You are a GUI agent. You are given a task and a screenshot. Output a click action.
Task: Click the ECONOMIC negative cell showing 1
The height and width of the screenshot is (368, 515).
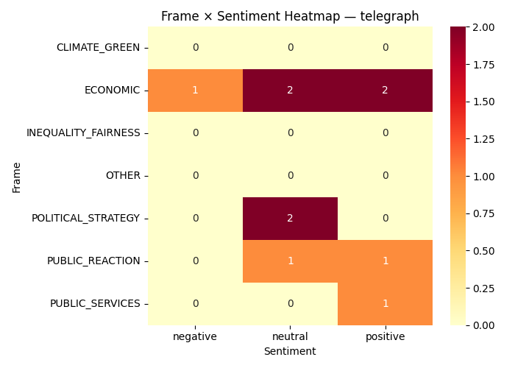click(x=195, y=91)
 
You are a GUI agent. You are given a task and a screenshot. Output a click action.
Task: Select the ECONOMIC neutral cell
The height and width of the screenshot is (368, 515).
click(x=290, y=91)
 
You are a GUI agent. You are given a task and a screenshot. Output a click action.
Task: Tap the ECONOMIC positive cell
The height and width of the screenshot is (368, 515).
click(x=385, y=91)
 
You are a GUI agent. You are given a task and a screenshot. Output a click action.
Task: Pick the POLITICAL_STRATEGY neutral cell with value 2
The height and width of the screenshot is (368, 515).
click(x=290, y=219)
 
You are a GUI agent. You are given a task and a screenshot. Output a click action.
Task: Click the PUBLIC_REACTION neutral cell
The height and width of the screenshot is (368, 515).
click(x=290, y=261)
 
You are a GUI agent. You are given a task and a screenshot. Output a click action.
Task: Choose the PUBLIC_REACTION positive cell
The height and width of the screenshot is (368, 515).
click(x=385, y=261)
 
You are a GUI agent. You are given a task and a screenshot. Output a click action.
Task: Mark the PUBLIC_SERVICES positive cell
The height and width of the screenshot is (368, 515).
click(x=385, y=304)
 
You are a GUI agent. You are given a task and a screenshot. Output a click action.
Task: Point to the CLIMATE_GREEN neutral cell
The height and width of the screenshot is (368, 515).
click(x=290, y=48)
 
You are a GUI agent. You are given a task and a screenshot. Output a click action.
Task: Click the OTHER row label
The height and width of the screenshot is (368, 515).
click(x=122, y=176)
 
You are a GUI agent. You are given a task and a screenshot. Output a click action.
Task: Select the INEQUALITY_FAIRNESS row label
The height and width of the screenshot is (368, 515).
click(x=83, y=133)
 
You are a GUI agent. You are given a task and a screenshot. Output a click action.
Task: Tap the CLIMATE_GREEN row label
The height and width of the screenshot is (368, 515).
click(x=98, y=48)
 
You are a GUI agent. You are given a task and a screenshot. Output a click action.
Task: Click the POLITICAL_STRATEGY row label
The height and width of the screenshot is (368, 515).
click(x=85, y=219)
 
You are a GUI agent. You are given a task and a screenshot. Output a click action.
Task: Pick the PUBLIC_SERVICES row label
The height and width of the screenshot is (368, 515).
click(x=95, y=304)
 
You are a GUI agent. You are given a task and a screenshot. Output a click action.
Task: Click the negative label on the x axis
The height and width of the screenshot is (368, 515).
click(x=195, y=337)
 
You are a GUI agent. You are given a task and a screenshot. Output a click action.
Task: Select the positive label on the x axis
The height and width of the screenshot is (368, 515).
click(x=385, y=337)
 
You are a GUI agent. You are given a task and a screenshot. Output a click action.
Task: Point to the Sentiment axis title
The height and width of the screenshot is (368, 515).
click(x=290, y=352)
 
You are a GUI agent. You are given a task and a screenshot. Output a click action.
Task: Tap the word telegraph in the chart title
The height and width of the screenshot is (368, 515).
click(x=391, y=16)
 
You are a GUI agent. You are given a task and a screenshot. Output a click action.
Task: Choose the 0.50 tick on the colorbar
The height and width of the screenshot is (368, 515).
click(x=484, y=250)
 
